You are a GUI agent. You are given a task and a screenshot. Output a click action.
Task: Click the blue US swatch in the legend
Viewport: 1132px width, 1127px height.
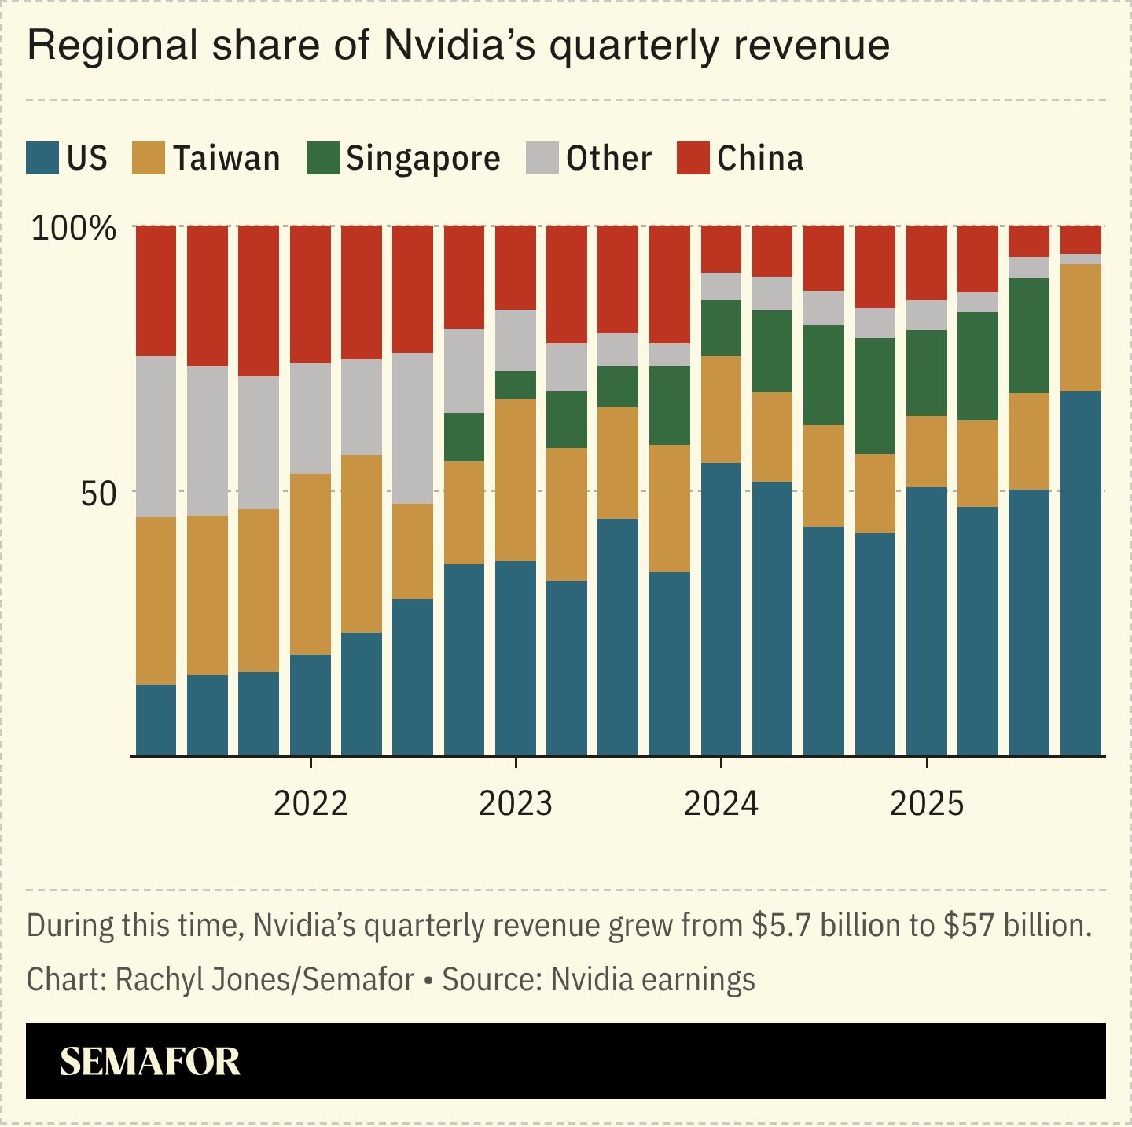tap(42, 158)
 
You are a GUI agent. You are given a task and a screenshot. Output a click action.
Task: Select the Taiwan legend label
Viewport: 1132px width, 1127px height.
tap(226, 158)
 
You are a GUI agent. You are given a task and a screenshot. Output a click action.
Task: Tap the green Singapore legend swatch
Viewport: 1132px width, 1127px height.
tap(322, 158)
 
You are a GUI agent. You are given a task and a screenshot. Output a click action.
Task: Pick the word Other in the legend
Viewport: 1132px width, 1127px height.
tap(608, 158)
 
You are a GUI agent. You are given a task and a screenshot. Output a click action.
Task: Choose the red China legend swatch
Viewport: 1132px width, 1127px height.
tap(693, 158)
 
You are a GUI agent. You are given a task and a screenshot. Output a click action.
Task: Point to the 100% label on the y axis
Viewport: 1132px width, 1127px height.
tap(74, 229)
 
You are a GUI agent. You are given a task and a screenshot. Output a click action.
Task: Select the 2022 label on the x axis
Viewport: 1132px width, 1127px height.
tap(311, 803)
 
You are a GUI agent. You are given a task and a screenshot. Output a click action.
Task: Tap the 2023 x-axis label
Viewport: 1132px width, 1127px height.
tap(516, 803)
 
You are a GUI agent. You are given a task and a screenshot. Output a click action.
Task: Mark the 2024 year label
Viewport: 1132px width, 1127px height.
tap(721, 803)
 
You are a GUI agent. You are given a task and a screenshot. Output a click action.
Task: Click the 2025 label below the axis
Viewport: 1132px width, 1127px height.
tap(927, 803)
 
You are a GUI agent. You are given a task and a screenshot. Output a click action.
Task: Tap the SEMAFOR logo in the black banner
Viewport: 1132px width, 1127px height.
tap(150, 1061)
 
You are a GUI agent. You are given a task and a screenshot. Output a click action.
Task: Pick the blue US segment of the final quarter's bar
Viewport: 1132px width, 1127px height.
tap(1080, 574)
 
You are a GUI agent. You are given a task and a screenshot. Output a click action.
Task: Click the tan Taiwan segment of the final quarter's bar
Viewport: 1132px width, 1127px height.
tap(1080, 328)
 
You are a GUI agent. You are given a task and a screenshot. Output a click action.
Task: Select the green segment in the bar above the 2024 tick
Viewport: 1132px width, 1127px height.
tap(721, 328)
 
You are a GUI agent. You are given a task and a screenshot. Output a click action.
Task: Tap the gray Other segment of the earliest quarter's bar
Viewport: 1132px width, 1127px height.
tap(156, 436)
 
